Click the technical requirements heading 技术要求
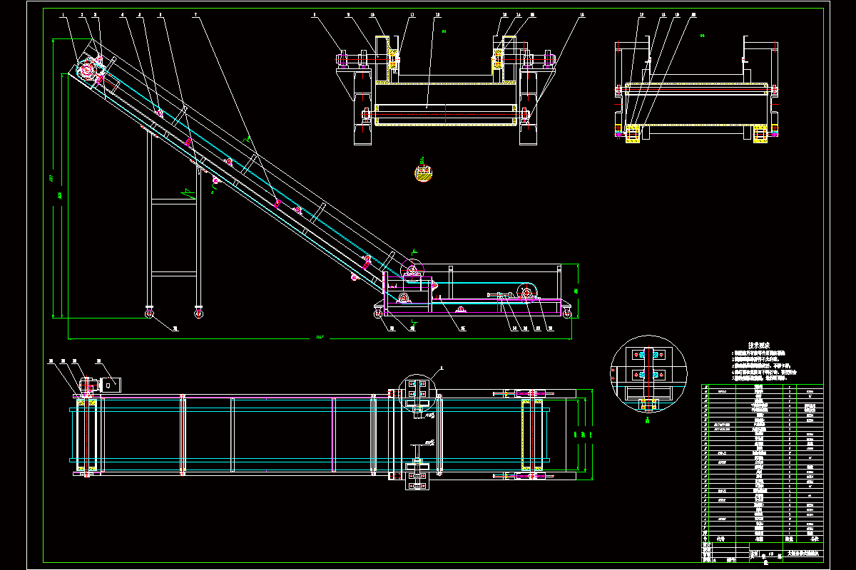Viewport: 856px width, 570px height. pyautogui.click(x=761, y=344)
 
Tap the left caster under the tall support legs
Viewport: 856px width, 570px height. pyautogui.click(x=149, y=312)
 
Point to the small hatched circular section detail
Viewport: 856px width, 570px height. pyautogui.click(x=424, y=173)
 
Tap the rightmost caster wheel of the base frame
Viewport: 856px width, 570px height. pyautogui.click(x=568, y=312)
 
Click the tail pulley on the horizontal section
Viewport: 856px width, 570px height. pyautogui.click(x=527, y=292)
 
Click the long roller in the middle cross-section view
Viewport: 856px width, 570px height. pyautogui.click(x=444, y=113)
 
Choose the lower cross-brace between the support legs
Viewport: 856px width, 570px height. pyautogui.click(x=174, y=273)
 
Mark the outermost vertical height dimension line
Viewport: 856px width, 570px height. pyautogui.click(x=53, y=178)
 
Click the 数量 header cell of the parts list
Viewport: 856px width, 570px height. pyautogui.click(x=789, y=539)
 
